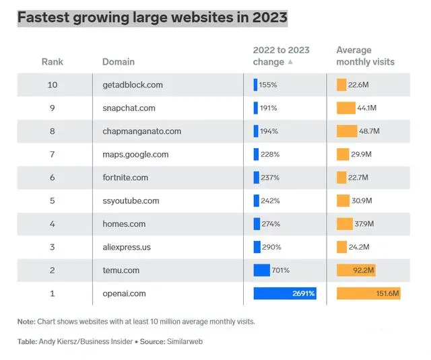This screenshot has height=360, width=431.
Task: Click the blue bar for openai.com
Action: click(285, 293)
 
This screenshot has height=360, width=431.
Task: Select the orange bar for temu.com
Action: click(356, 271)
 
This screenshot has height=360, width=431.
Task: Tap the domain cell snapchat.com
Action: click(129, 108)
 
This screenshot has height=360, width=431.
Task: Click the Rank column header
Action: click(53, 62)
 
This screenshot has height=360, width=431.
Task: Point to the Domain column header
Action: click(119, 62)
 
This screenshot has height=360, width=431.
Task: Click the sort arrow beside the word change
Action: click(290, 62)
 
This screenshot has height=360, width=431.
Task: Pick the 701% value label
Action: click(281, 271)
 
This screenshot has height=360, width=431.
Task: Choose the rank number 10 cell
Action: click(53, 85)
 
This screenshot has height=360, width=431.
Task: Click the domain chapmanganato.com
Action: click(142, 131)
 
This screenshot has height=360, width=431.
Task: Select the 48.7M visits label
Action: click(369, 131)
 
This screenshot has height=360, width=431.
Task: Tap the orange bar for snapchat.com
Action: click(345, 108)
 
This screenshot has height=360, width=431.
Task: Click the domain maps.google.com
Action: click(135, 155)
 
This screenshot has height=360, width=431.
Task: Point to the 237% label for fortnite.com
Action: click(270, 178)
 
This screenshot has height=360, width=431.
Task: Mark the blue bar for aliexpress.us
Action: click(257, 247)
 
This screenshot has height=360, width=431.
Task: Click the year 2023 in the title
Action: click(269, 17)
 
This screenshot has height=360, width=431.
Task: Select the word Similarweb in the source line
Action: click(185, 342)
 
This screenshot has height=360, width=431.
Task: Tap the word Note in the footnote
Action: click(26, 322)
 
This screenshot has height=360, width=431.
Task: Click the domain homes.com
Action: click(124, 224)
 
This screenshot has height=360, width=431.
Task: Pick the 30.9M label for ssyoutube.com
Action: click(362, 201)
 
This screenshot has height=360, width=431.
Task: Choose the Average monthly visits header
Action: click(365, 56)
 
